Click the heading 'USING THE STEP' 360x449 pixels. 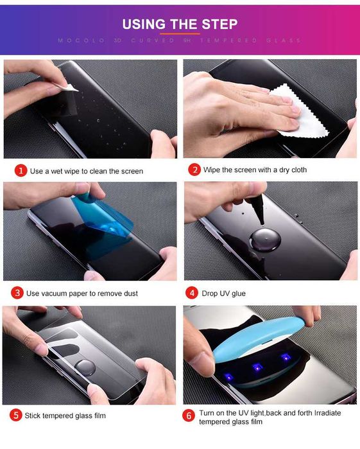180,24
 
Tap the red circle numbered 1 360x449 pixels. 21,171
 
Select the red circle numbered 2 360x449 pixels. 194,170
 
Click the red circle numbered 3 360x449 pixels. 17,293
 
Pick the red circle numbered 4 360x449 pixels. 192,293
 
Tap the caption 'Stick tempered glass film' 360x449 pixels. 65,416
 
